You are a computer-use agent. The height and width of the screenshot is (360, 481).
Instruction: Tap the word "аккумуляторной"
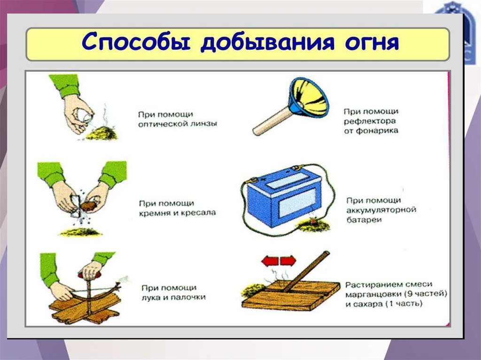pyautogui.click(x=382, y=210)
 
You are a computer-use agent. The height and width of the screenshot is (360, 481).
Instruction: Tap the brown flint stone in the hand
pyautogui.click(x=89, y=206)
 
